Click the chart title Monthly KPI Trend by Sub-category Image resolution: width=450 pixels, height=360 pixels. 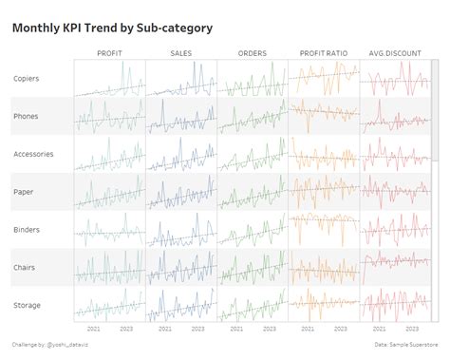click(112, 28)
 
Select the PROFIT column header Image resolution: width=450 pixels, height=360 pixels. click(110, 53)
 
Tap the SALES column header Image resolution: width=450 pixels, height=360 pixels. click(181, 53)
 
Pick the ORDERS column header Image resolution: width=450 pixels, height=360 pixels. click(252, 53)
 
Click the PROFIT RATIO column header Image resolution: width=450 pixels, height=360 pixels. click(323, 53)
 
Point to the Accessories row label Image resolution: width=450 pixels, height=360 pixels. click(34, 153)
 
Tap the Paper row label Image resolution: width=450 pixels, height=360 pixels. click(25, 191)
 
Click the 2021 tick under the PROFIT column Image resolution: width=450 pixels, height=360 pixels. click(93, 330)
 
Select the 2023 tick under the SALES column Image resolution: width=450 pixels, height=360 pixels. click(197, 330)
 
